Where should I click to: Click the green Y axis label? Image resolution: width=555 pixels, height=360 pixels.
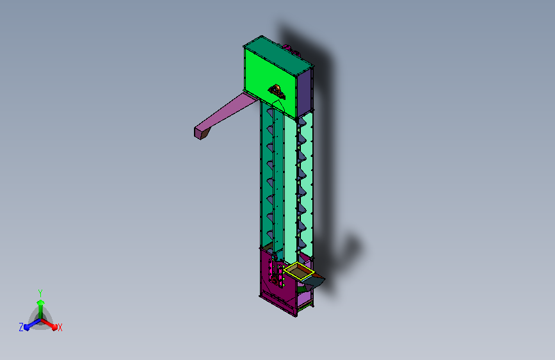coord(40,293)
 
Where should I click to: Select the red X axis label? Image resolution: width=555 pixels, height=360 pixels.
coord(60,327)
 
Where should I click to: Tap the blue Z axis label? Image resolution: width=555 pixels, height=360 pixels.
coord(21,327)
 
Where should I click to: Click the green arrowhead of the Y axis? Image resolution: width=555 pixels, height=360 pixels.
coord(41,302)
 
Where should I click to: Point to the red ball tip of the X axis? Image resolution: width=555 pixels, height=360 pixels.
coord(54,327)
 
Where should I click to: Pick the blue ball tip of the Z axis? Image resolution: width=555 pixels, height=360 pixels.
coord(26,327)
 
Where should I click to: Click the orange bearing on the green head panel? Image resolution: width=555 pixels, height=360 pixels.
coord(277,92)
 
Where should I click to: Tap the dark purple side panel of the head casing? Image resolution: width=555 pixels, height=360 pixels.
coord(305,93)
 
